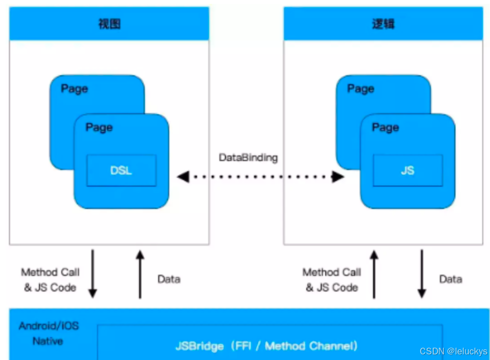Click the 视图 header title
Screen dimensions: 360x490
point(109,24)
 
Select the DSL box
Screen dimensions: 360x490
point(121,171)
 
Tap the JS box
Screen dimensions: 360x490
point(408,171)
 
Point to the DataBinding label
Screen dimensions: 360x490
point(248,158)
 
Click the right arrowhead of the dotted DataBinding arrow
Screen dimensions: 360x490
point(337,177)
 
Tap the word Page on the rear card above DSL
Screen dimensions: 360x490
point(74,89)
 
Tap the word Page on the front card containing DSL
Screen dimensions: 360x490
point(99,128)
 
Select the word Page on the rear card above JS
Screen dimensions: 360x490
point(361,89)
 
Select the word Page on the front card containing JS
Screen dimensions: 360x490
point(385,128)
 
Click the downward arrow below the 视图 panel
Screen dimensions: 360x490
point(92,274)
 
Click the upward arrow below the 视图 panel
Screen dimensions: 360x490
point(140,274)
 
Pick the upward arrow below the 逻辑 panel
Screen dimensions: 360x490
point(374,274)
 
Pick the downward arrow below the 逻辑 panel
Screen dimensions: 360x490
point(422,274)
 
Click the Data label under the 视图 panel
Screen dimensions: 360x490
point(169,279)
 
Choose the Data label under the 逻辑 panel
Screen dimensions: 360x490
point(450,279)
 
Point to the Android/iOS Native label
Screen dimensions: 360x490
point(48,333)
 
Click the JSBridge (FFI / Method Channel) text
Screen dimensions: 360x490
point(266,346)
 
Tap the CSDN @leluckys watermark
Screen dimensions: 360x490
point(453,352)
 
